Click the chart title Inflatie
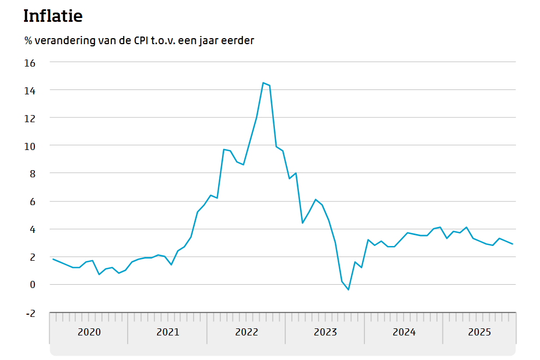click(53, 16)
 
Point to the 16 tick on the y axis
click(29, 63)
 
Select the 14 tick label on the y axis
click(29, 91)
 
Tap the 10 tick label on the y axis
click(29, 146)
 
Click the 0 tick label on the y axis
click(32, 285)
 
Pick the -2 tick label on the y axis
click(30, 313)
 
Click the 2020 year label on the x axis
click(89, 332)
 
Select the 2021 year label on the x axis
click(167, 332)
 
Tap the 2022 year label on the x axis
click(247, 332)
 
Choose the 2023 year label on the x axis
click(325, 332)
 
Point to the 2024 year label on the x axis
click(404, 332)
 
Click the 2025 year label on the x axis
click(480, 332)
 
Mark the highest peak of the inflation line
click(263, 83)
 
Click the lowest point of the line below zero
click(348, 290)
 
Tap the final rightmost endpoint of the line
click(512, 244)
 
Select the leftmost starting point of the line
click(53, 259)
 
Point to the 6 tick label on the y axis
click(32, 202)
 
